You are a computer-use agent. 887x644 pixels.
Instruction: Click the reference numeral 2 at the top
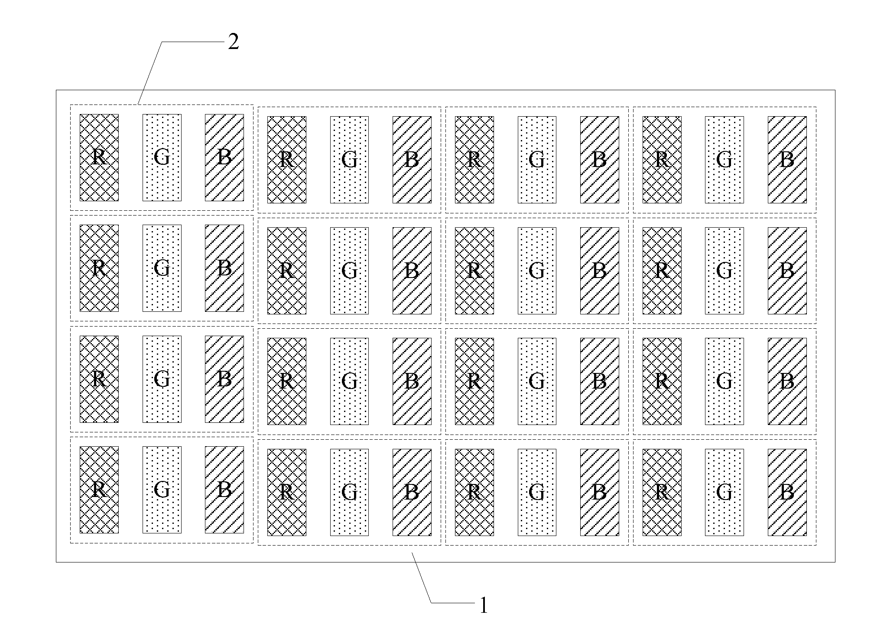click(233, 42)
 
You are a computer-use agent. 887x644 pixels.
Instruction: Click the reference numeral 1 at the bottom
click(484, 605)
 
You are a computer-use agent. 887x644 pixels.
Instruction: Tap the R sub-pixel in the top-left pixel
click(99, 157)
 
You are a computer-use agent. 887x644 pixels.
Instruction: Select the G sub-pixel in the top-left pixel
click(162, 157)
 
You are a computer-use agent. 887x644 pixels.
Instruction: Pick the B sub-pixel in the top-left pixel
click(224, 157)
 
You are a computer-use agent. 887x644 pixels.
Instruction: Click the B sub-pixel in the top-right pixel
click(787, 160)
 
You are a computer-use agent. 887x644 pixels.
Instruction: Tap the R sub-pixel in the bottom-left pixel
click(99, 490)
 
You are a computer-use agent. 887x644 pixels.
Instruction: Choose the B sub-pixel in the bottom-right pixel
click(787, 492)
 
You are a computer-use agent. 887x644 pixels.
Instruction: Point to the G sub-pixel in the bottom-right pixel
click(724, 492)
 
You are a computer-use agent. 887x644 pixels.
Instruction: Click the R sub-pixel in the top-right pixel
click(662, 160)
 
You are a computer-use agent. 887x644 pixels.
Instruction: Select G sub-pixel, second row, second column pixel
click(349, 271)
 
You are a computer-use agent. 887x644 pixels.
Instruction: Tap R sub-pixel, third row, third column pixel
click(474, 381)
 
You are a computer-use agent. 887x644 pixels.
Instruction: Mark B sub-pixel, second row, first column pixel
click(224, 268)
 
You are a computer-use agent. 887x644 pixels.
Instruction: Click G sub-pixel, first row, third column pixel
click(536, 160)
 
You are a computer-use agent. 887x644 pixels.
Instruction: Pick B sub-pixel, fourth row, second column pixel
click(412, 492)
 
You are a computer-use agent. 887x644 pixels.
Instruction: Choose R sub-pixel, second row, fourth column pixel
click(662, 271)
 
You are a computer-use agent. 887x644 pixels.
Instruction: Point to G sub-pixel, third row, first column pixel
click(162, 379)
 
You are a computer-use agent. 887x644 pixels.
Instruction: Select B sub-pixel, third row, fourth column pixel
click(787, 381)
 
